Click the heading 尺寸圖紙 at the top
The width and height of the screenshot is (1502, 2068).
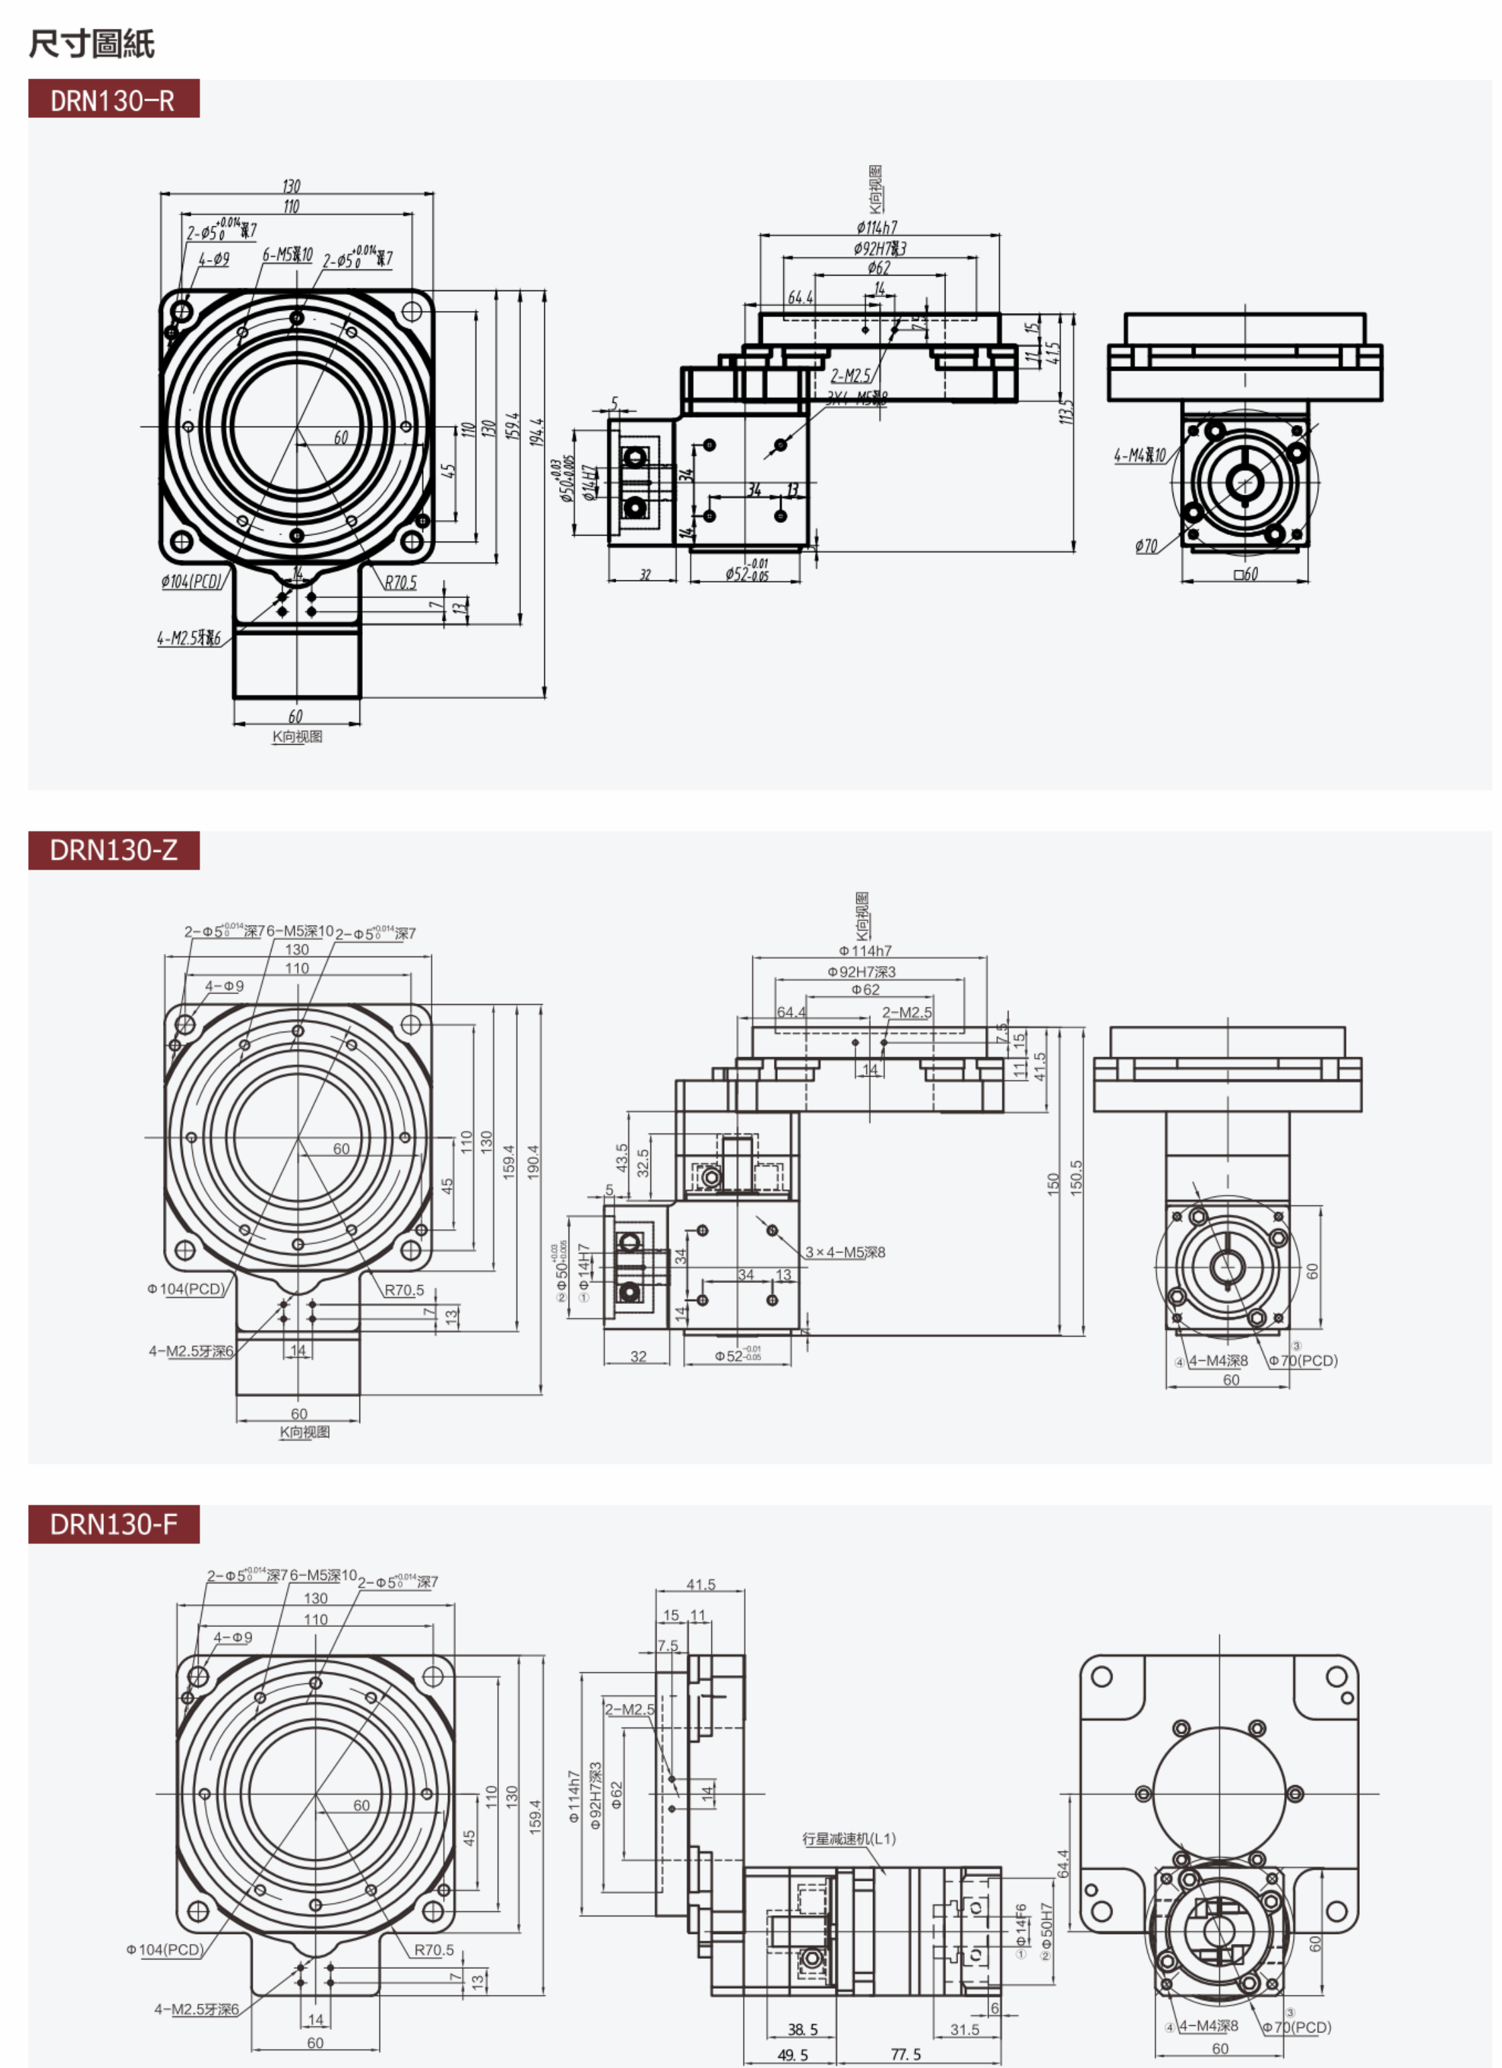[91, 43]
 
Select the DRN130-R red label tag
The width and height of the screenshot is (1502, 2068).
[113, 99]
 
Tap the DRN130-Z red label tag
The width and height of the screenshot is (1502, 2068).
[113, 850]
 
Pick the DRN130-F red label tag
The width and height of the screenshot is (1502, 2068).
[113, 1524]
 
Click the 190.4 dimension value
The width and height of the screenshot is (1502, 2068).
[534, 1162]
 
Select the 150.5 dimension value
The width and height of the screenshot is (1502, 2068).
[1076, 1177]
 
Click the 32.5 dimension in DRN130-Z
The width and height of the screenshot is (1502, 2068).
[643, 1162]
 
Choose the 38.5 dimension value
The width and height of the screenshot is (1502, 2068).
[803, 2029]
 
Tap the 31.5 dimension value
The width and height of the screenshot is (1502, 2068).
[964, 2029]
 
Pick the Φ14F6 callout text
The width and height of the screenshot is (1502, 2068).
[1021, 1923]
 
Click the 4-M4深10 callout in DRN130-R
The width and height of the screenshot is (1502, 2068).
[1139, 455]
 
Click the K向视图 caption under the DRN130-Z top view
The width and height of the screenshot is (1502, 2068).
[304, 1432]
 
